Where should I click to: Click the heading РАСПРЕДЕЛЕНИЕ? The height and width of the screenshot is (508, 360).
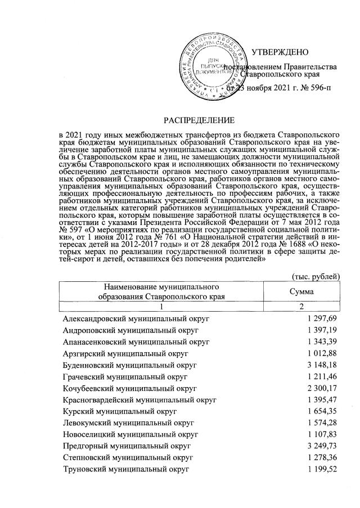coord(198,120)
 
